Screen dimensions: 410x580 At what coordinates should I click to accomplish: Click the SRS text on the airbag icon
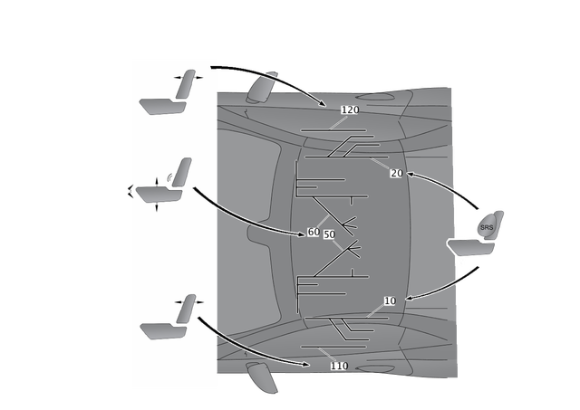click(487, 226)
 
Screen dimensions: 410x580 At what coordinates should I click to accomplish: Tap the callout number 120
click(350, 110)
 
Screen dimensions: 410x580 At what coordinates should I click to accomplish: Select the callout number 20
click(395, 173)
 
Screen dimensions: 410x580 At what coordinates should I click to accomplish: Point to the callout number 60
click(314, 233)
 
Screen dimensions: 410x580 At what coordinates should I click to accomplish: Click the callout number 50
click(330, 234)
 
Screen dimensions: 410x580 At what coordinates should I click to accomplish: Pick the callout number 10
click(391, 301)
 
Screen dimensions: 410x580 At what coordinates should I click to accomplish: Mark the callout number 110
click(339, 367)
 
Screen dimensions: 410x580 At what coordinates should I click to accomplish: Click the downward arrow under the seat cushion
click(157, 209)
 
